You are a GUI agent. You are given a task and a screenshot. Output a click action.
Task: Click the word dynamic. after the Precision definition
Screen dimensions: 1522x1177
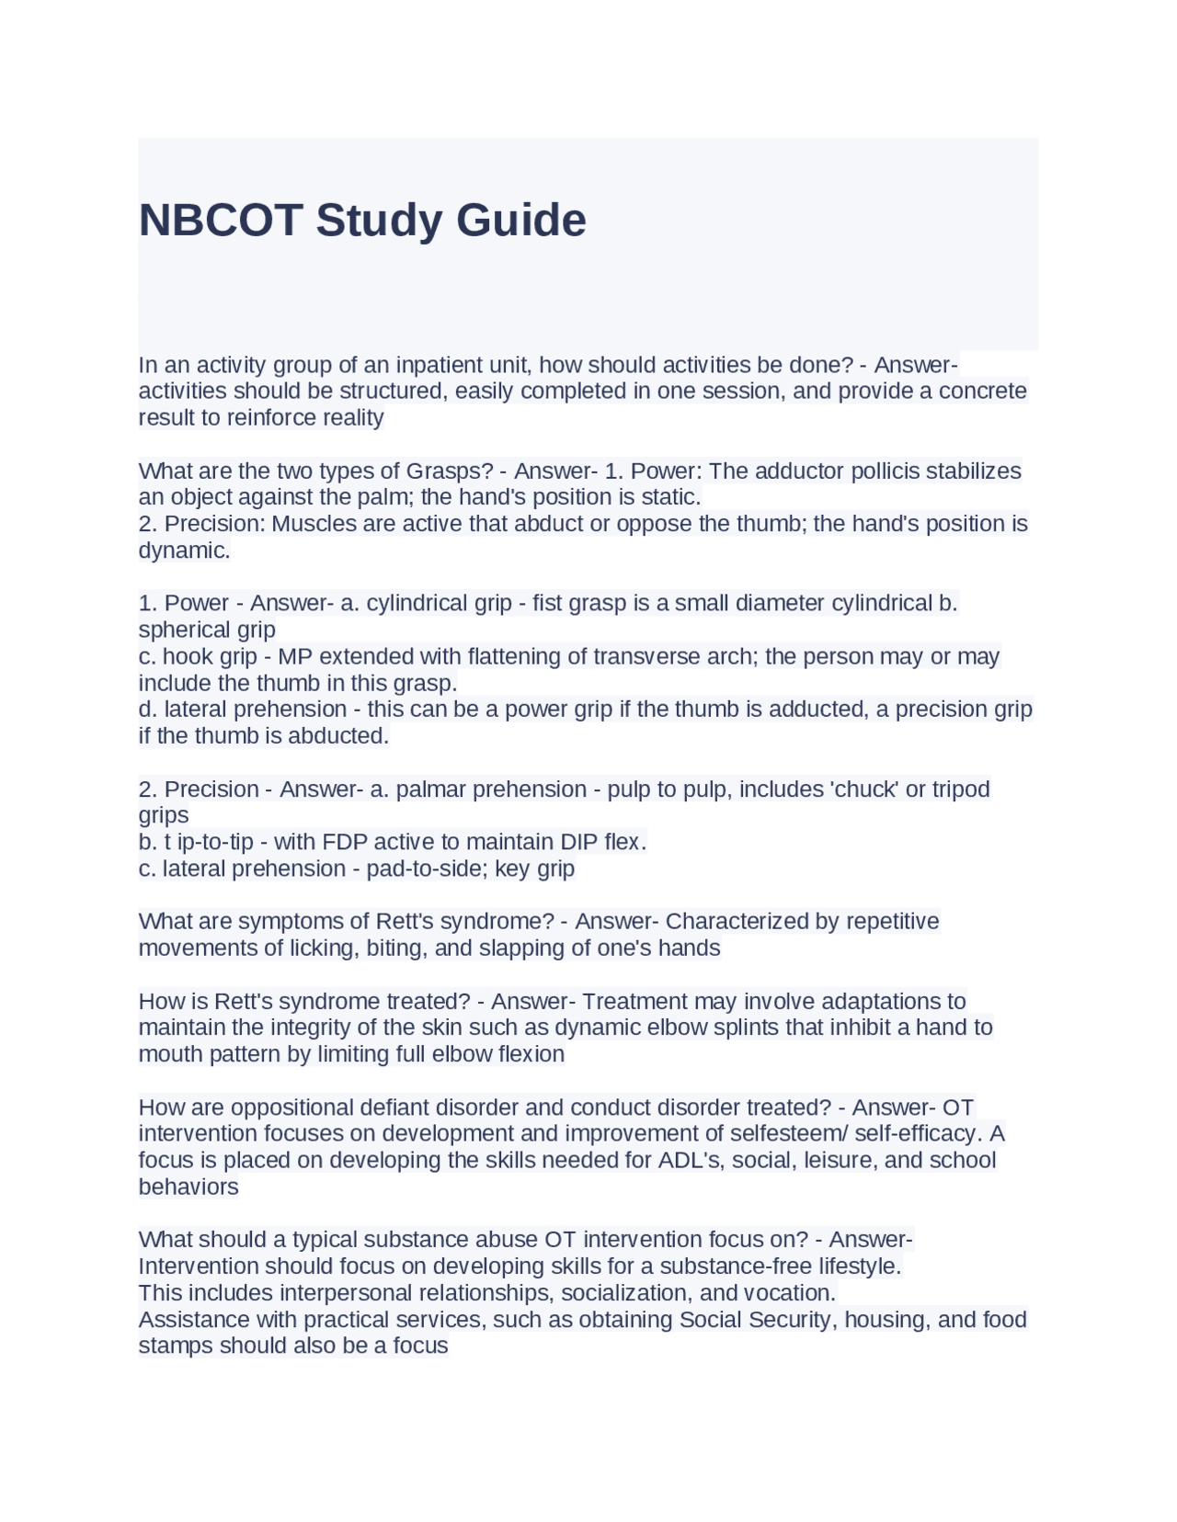pyautogui.click(x=184, y=551)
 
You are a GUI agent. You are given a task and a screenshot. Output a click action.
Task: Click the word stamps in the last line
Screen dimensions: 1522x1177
pyautogui.click(x=176, y=1346)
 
